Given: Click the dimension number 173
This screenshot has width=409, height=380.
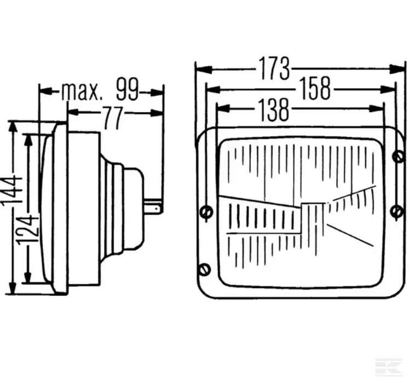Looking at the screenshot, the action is tap(274, 68).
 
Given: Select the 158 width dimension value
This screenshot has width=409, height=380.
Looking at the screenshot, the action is tap(315, 89).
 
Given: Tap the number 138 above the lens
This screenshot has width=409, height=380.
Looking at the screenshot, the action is tap(274, 110).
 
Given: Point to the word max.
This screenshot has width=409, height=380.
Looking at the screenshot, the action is tap(81, 92).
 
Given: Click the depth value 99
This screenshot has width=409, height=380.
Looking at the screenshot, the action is tap(128, 89).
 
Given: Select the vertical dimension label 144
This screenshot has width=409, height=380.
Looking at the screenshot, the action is tap(11, 191).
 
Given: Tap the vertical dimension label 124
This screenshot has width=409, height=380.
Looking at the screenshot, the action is tap(28, 229).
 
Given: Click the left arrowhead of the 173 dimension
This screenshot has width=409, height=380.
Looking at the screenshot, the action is tap(204, 70).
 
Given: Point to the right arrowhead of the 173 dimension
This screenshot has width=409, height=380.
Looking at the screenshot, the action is tap(397, 69).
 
